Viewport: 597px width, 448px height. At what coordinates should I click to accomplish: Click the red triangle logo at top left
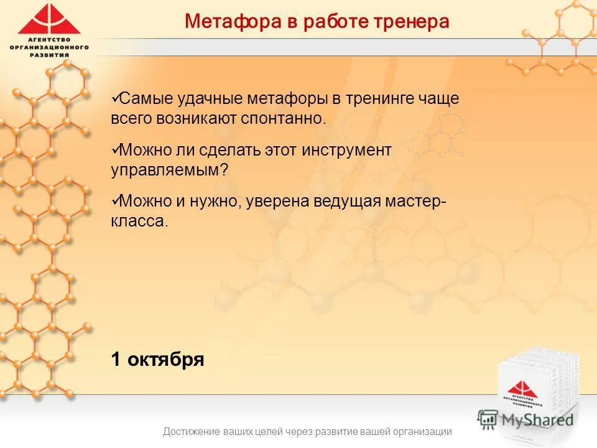pyautogui.click(x=49, y=20)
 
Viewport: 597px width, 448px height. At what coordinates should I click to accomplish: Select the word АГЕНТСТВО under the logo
pyautogui.click(x=49, y=40)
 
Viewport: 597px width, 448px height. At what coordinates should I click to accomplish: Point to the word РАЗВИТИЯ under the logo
pyautogui.click(x=49, y=54)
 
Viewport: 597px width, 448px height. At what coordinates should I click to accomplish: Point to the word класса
pyautogui.click(x=139, y=222)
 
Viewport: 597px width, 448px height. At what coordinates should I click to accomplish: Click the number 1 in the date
pyautogui.click(x=116, y=360)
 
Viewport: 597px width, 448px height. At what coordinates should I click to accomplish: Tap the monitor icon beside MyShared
pyautogui.click(x=488, y=418)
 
